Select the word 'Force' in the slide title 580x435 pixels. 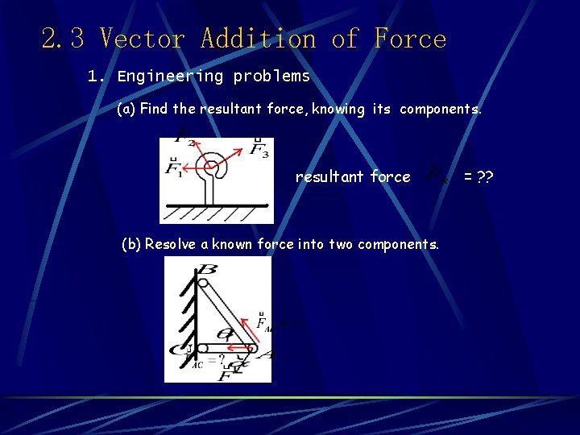410,39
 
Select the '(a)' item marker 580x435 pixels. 126,109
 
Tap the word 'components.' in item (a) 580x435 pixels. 441,109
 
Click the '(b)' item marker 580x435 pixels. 130,244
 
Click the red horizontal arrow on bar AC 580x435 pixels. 234,349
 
